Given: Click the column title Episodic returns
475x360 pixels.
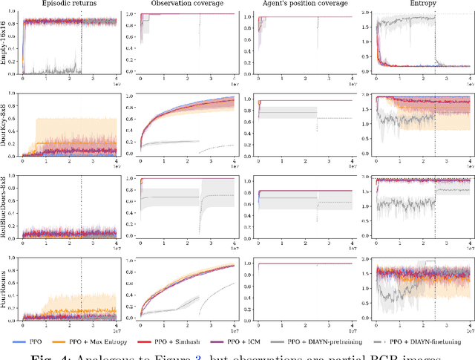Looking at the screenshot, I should click(67, 5).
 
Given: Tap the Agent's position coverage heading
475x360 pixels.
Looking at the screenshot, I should click(297, 5).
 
